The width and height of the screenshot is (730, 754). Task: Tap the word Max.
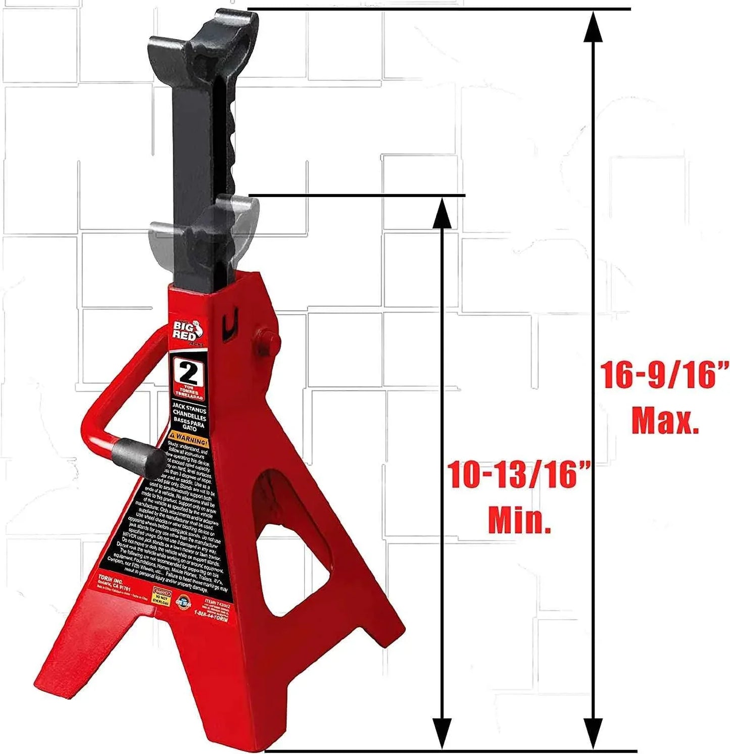click(x=665, y=420)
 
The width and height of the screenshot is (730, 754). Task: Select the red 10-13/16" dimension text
click(x=519, y=475)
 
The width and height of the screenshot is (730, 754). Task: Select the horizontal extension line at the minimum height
click(x=356, y=195)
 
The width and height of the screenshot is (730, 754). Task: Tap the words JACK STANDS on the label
click(x=189, y=411)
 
